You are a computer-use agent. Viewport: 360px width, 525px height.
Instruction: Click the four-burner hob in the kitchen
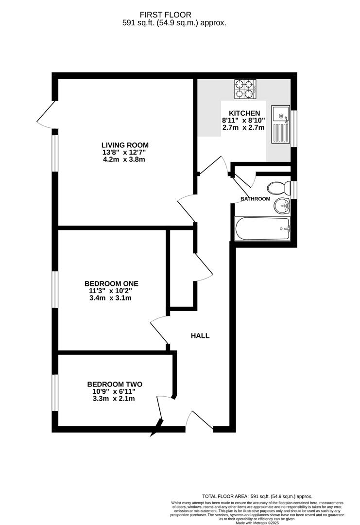[x=245, y=89]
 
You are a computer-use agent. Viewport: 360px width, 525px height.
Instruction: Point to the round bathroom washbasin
[x=281, y=206]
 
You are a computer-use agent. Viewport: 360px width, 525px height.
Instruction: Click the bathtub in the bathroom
[x=262, y=228]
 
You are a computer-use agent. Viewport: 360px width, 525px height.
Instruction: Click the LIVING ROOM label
[x=125, y=145]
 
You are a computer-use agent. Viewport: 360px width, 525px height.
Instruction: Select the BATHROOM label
[x=255, y=199]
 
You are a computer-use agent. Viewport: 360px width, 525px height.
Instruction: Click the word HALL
[x=200, y=335]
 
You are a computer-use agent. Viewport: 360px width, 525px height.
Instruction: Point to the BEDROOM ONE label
[x=111, y=283]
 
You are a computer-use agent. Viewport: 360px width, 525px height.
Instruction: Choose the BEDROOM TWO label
[x=115, y=384]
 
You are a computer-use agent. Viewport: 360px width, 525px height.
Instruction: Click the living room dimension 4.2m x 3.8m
[x=125, y=159]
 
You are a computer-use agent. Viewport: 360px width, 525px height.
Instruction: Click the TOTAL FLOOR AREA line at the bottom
[x=257, y=496]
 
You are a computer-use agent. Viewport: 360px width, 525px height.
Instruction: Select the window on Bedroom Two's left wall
[x=55, y=392]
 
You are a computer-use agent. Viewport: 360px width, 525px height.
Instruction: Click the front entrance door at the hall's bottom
[x=199, y=421]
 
